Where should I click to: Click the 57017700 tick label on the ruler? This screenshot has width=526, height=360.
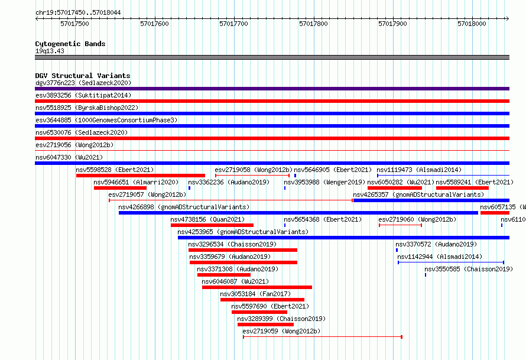pyautogui.click(x=233, y=24)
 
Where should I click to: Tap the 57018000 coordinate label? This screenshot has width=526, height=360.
pyautogui.click(x=472, y=24)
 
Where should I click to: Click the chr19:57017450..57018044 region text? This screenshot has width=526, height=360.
pyautogui.click(x=78, y=12)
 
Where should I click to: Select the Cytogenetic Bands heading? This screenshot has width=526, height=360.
pyautogui.click(x=70, y=44)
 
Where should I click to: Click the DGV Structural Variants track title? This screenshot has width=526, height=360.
pyautogui.click(x=83, y=76)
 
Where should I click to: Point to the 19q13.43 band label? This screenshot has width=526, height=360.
pyautogui.click(x=50, y=51)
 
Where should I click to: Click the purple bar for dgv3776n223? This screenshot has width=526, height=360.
pyautogui.click(x=272, y=89)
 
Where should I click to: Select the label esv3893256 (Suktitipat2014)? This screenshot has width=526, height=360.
pyautogui.click(x=83, y=95)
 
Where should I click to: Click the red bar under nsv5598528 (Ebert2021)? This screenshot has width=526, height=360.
pyautogui.click(x=141, y=176)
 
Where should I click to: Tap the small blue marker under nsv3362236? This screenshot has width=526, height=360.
pyautogui.click(x=190, y=188)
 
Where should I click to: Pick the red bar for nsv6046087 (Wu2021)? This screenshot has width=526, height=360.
pyautogui.click(x=257, y=287)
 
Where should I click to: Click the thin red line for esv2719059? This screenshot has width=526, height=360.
pyautogui.click(x=323, y=336)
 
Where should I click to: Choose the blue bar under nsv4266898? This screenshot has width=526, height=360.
pyautogui.click(x=298, y=213)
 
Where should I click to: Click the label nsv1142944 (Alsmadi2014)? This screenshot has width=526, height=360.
pyautogui.click(x=440, y=257)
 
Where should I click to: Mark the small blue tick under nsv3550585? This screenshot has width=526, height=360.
pyautogui.click(x=426, y=275)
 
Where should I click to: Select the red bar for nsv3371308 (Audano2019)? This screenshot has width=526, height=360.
pyautogui.click(x=224, y=275)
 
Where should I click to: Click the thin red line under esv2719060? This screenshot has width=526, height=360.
pyautogui.click(x=401, y=225)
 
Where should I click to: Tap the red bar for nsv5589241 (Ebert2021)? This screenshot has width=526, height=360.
pyautogui.click(x=462, y=188)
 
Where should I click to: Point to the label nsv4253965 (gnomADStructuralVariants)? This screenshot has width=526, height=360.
pyautogui.click(x=243, y=232)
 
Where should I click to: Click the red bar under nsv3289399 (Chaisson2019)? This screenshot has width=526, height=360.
pyautogui.click(x=266, y=325)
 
